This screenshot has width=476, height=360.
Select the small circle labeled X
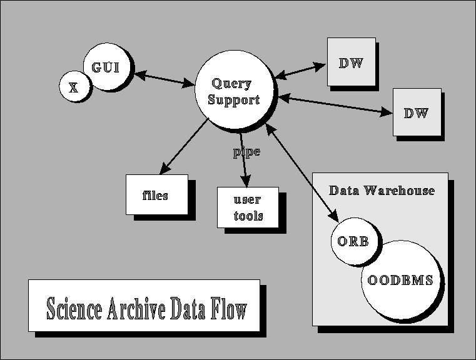[74, 86]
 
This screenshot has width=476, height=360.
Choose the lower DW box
[417, 112]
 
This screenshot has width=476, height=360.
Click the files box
[156, 194]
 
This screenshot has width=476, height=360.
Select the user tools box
[248, 208]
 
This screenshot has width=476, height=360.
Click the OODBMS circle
[400, 280]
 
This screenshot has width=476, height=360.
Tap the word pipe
[246, 152]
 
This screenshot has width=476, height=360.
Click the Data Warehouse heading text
[382, 190]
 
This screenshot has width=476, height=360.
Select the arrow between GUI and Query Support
[165, 79]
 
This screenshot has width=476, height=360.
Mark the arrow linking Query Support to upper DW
[300, 69]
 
